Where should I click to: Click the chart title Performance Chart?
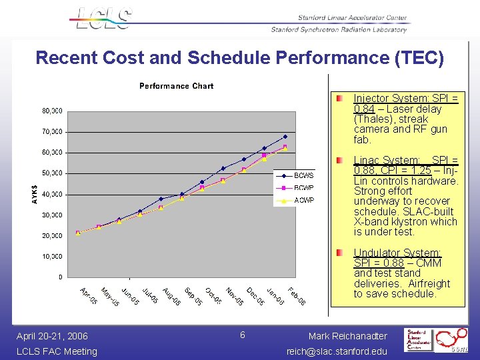tap(176, 86)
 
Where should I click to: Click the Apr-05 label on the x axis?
tap(88, 297)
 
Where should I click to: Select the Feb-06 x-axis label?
tap(297, 297)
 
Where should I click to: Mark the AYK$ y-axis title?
tap(34, 194)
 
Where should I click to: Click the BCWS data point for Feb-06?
tap(285, 137)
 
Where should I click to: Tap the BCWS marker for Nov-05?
tap(223, 168)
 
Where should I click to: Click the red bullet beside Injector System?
tap(340, 99)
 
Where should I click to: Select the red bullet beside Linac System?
tap(340, 161)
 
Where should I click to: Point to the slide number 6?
tap(243, 334)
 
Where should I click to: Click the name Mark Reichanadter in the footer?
tap(347, 336)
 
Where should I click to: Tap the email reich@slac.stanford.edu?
tap(337, 351)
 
